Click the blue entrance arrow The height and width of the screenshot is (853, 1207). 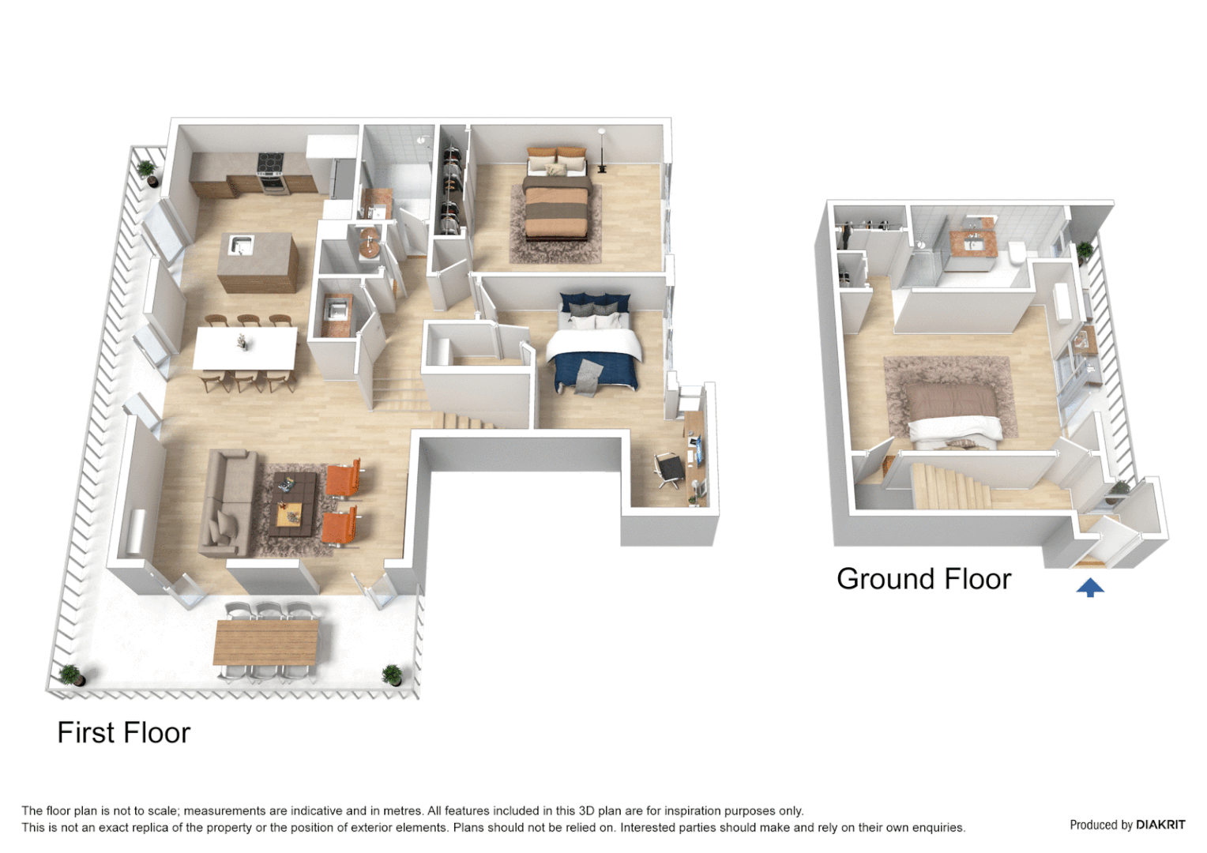(x=1090, y=587)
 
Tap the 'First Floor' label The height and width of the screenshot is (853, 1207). (x=124, y=733)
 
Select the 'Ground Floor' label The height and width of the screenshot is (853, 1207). (x=923, y=579)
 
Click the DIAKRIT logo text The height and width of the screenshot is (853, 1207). (x=1160, y=825)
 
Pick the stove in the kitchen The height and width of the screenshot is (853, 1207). (x=270, y=171)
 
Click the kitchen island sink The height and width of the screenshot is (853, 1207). (x=241, y=245)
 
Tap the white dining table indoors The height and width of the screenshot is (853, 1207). (x=246, y=348)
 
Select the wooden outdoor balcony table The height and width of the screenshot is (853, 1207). (x=266, y=641)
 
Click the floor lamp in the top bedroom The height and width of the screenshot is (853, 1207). (x=602, y=150)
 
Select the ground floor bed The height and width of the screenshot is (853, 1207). (x=951, y=411)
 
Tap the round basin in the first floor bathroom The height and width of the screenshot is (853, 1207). (x=369, y=244)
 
